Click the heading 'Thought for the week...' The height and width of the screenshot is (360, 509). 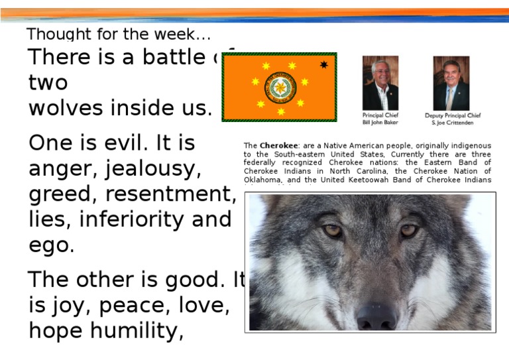tap(119, 34)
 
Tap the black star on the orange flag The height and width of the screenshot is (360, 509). tap(323, 64)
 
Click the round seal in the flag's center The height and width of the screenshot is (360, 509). tap(281, 88)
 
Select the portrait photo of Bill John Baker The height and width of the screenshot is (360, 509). tap(380, 83)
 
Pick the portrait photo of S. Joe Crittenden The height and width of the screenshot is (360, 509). tap(451, 83)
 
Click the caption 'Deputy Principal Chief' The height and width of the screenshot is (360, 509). tap(453, 115)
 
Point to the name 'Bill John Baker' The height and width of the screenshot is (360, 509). tap(380, 123)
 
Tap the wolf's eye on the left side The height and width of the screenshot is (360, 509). tap(331, 230)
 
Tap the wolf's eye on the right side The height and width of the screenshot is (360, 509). tap(409, 230)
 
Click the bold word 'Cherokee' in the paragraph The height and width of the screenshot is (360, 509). tap(278, 146)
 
